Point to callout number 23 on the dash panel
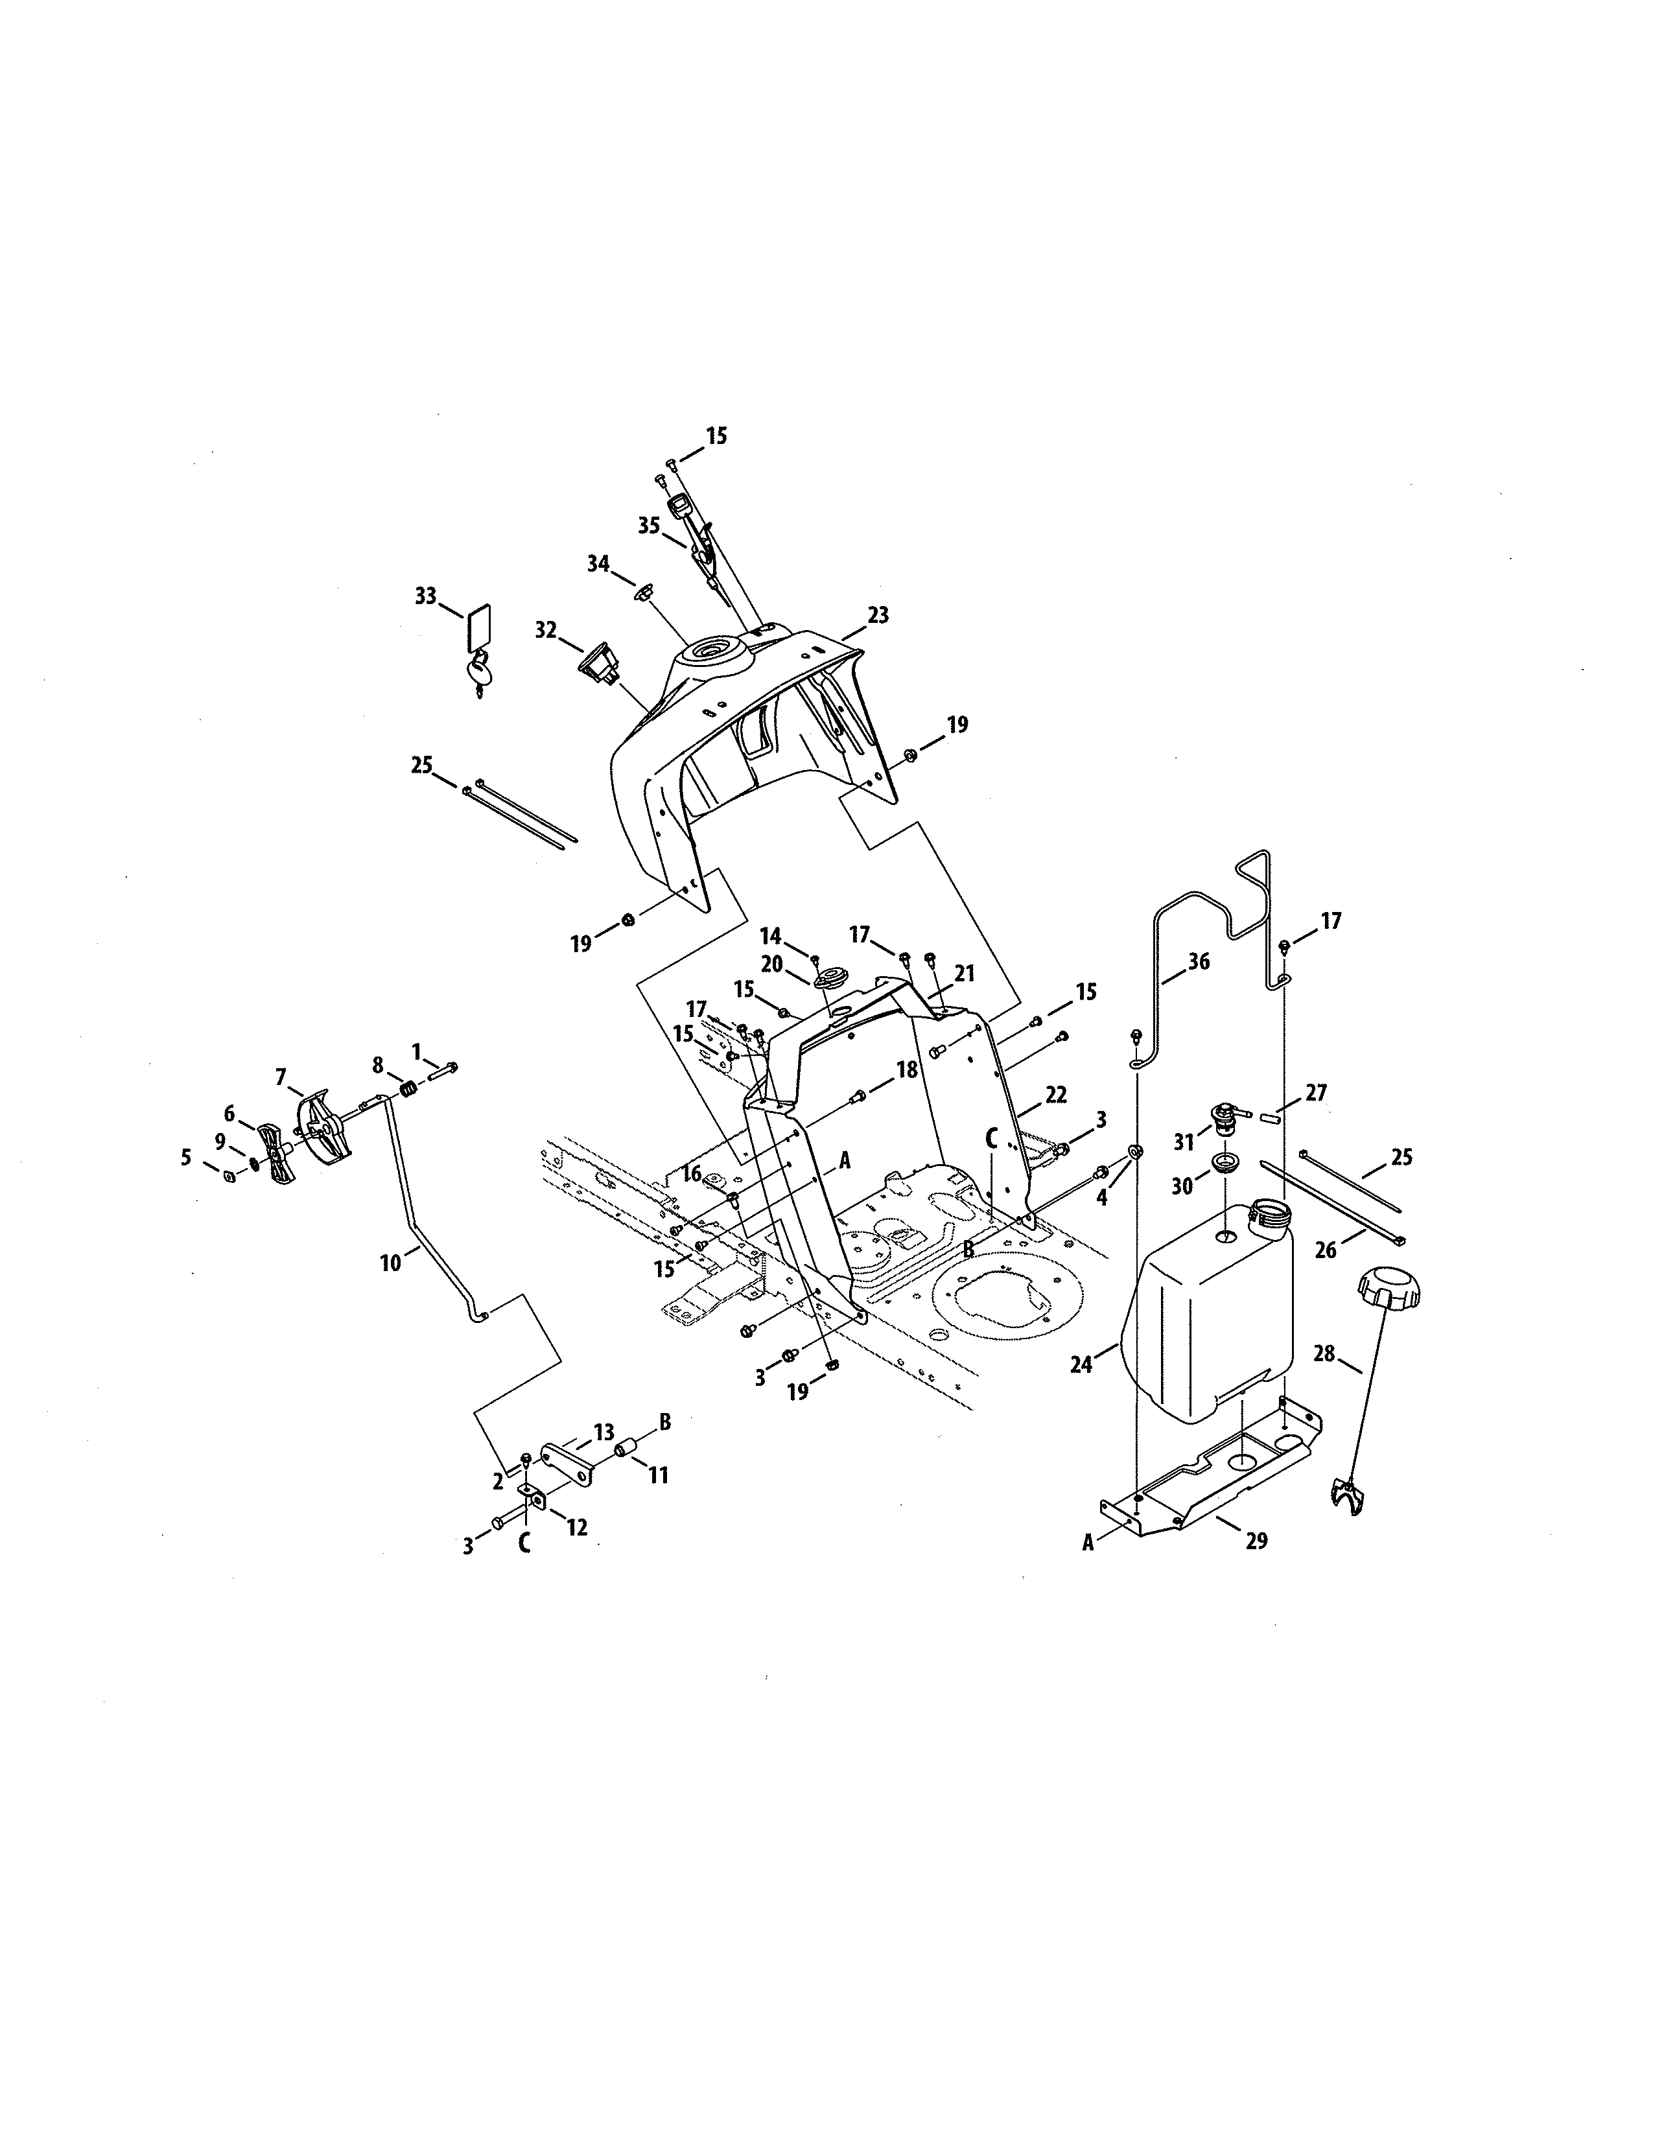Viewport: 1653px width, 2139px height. [x=878, y=615]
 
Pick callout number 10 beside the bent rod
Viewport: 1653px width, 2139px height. [x=390, y=1263]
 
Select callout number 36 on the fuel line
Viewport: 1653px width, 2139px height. [x=1199, y=962]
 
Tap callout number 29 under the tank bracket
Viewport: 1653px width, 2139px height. [x=1256, y=1541]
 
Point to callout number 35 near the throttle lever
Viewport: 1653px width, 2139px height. [x=648, y=525]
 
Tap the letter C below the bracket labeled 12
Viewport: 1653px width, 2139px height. [x=525, y=1545]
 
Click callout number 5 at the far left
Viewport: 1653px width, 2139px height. [x=186, y=1158]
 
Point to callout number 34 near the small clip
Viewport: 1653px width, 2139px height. [x=598, y=564]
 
